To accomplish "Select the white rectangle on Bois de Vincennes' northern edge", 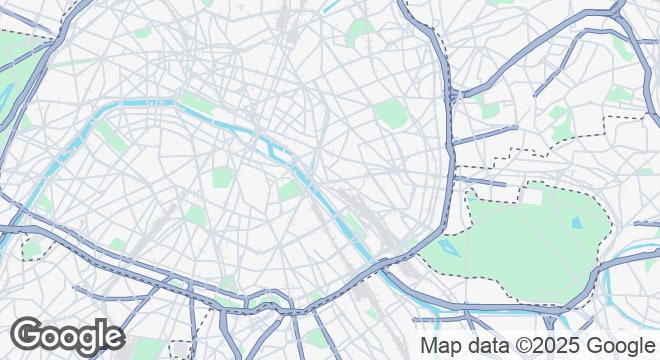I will tap(533, 197).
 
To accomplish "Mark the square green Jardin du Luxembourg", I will tap(222, 178).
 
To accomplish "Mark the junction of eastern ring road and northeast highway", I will tap(455, 96).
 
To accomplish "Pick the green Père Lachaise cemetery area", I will tap(391, 113).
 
